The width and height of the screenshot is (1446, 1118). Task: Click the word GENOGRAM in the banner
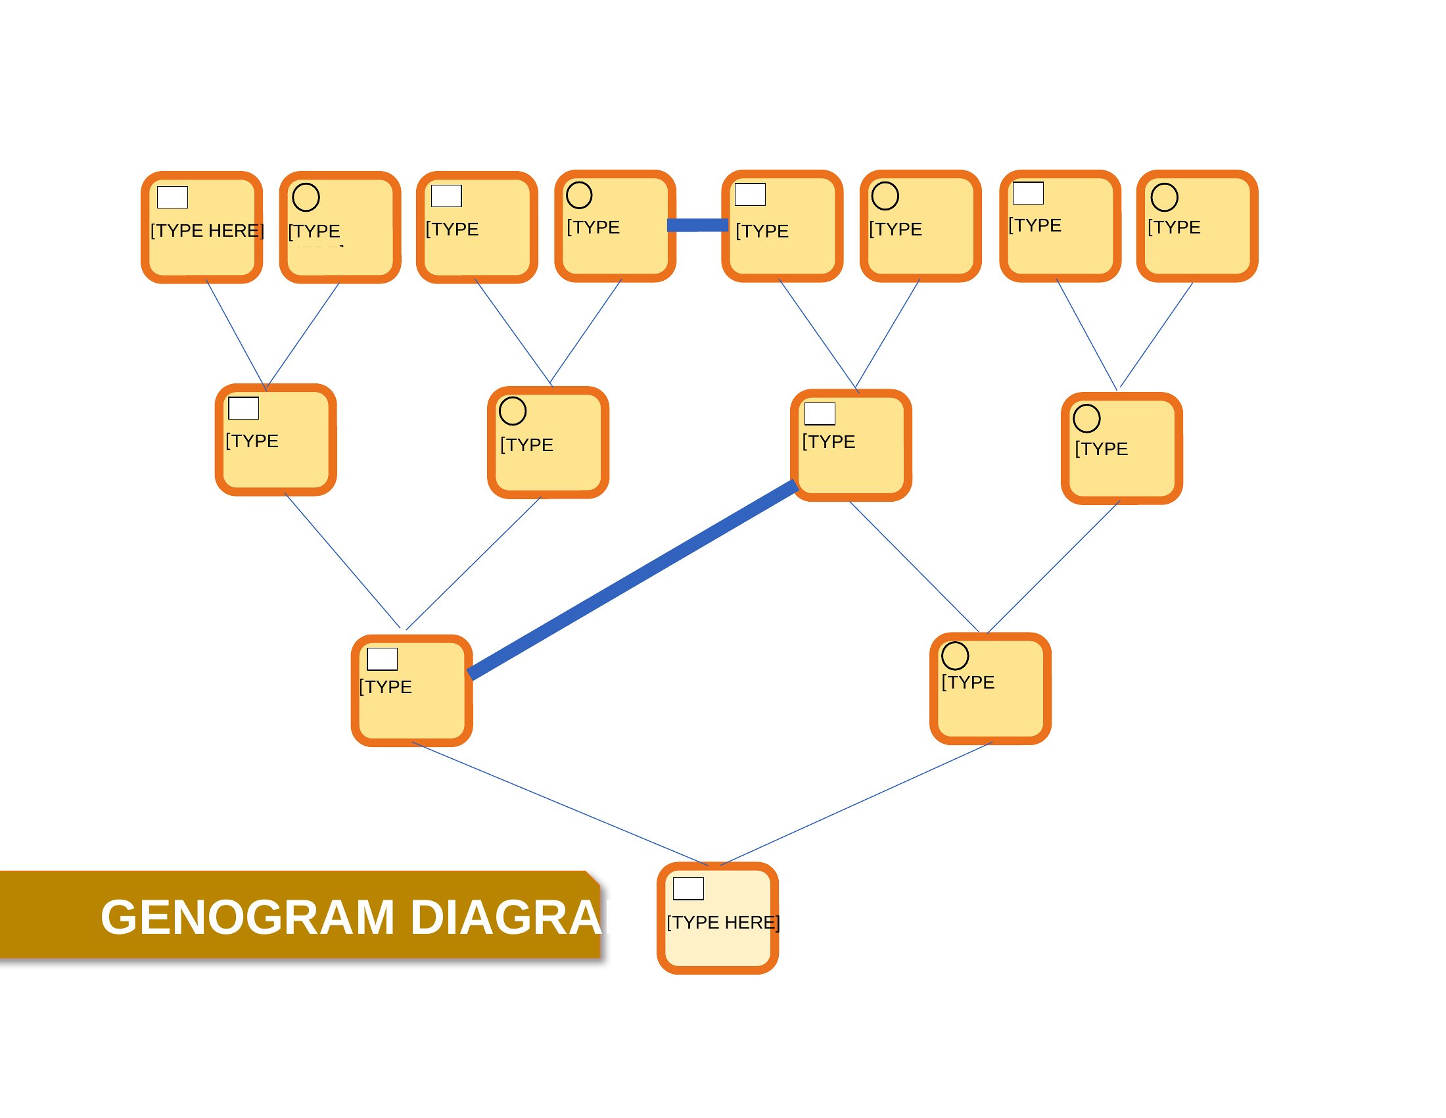coord(247,917)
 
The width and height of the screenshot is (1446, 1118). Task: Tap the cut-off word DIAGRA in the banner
coord(507,917)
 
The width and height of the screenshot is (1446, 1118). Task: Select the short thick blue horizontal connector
coord(697,225)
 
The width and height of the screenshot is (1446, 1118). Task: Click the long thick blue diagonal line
coord(632,579)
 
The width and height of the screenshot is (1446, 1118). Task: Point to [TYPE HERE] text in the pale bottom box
coord(723,922)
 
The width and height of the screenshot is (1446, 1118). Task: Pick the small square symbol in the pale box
coord(688,888)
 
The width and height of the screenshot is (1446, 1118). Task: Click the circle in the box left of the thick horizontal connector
coord(578,195)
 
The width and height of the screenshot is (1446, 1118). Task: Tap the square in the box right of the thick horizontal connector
coord(750,195)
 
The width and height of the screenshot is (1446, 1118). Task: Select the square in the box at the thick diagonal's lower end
coord(382,659)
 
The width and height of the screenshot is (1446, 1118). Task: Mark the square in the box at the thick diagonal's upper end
coord(820,413)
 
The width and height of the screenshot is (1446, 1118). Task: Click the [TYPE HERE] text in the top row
coord(207,230)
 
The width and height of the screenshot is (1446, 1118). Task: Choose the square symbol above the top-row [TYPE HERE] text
coord(172,197)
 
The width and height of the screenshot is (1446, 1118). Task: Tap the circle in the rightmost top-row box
coord(1164,197)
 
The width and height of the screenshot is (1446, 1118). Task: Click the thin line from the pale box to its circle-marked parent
coord(856,804)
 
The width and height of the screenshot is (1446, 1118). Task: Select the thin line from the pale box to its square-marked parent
coord(560,804)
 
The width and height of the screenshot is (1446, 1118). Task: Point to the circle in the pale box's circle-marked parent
coord(955,656)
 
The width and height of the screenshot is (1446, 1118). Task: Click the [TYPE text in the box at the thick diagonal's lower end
coord(385,687)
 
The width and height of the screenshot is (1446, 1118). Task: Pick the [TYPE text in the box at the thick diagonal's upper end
coord(828,442)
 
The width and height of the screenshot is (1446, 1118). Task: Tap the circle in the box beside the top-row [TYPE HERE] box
coord(306,197)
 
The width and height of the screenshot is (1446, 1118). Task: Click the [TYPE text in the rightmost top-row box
coord(1174,227)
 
